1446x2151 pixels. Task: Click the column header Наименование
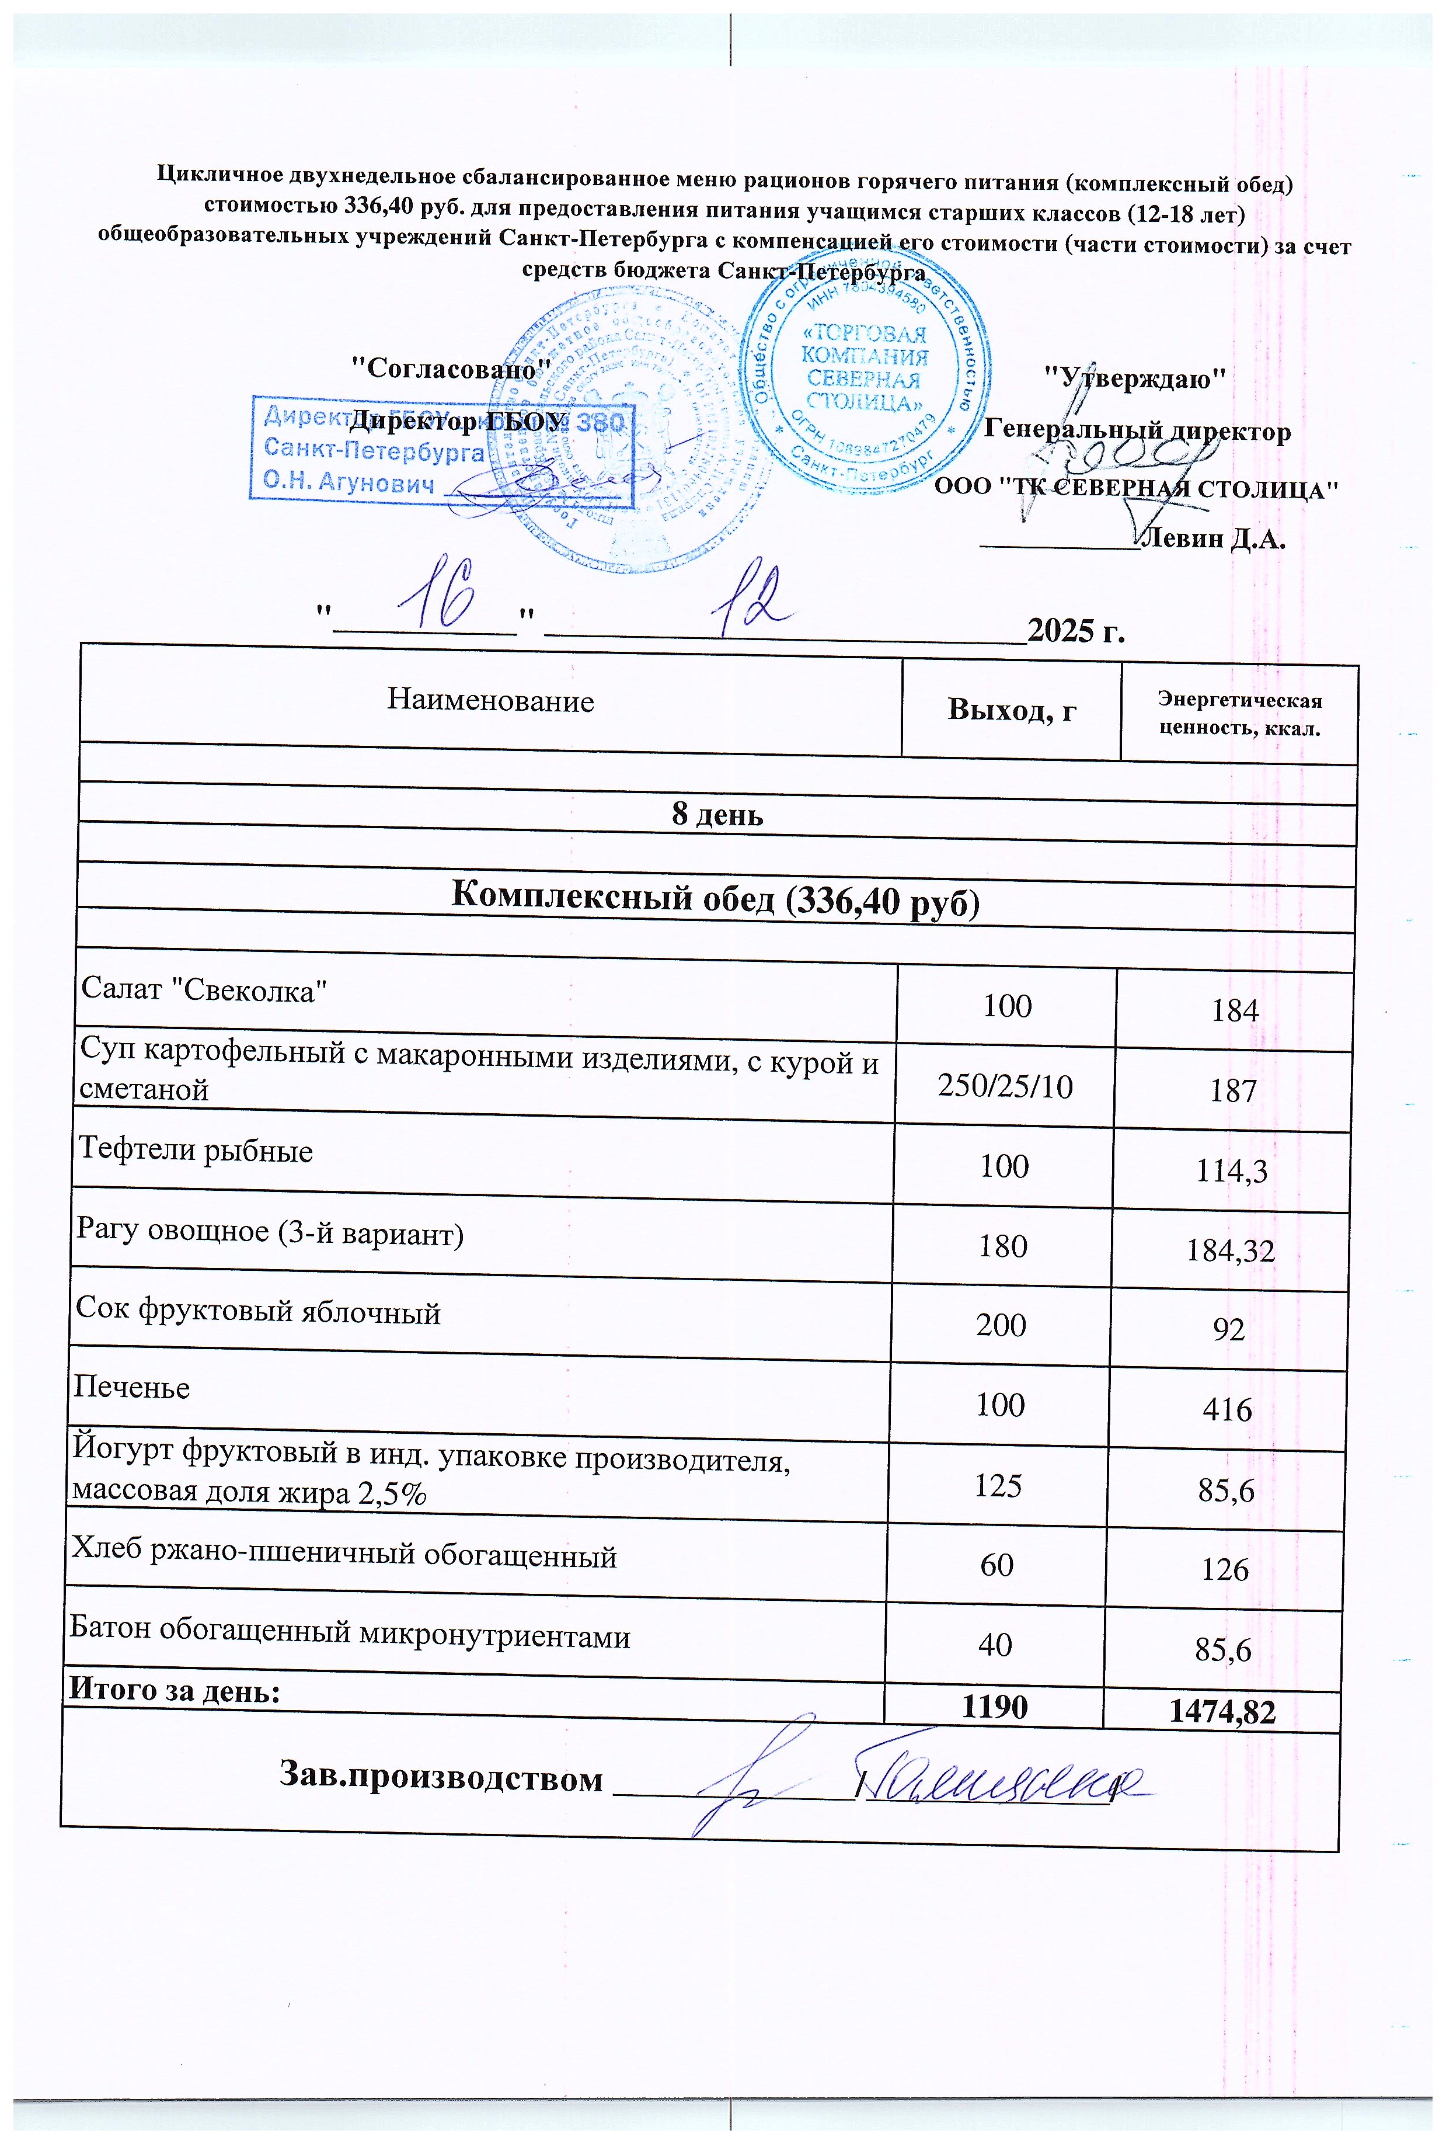[490, 701]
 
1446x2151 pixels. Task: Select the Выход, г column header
[1012, 710]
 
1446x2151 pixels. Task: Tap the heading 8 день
[717, 815]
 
